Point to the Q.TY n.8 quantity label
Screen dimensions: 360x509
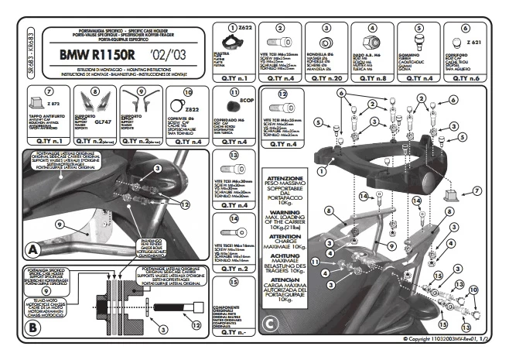click(373, 78)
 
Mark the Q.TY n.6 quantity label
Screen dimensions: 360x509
click(465, 78)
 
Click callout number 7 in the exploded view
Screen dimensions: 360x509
click(477, 190)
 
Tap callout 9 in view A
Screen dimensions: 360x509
click(36, 224)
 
